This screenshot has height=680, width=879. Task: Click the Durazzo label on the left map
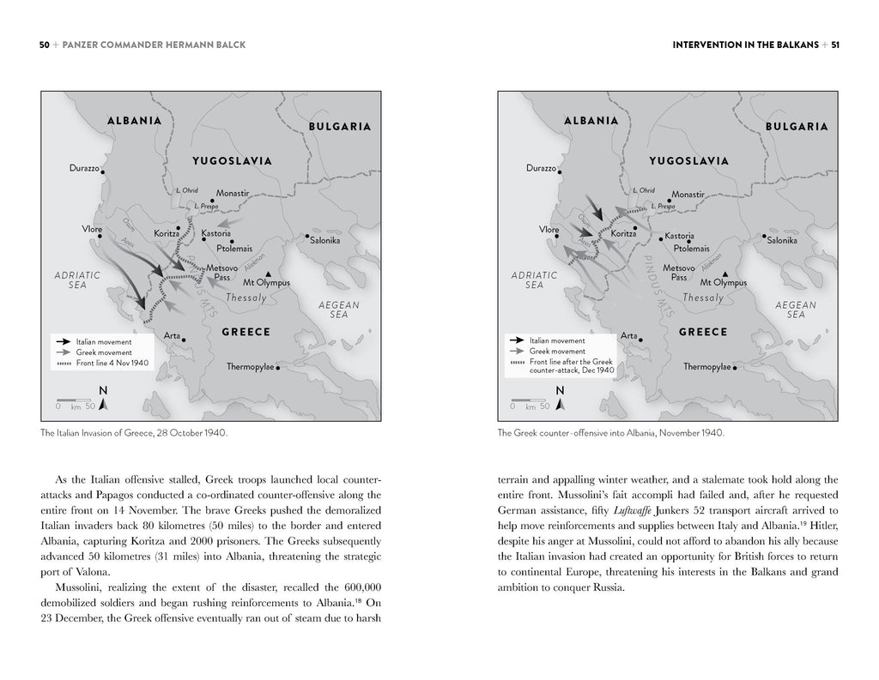click(84, 168)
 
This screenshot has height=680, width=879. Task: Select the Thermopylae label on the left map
click(250, 366)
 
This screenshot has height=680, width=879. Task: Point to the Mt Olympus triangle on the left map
click(268, 273)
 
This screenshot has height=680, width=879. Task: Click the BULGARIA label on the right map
click(796, 127)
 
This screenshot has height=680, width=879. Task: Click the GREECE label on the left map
click(246, 332)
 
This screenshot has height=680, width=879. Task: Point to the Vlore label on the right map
click(549, 229)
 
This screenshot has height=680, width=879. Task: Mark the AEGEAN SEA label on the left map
click(339, 310)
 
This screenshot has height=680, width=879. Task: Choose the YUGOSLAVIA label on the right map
click(688, 160)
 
